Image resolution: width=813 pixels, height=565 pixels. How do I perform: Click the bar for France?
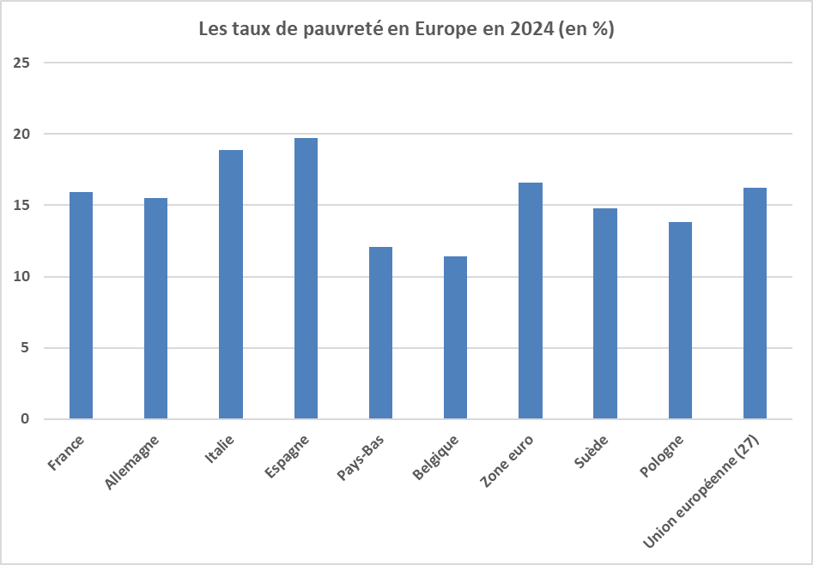(81, 305)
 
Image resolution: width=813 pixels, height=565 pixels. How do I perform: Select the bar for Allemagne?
(155, 309)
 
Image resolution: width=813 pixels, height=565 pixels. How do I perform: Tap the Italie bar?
(231, 285)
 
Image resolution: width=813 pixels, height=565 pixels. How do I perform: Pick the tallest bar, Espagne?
(306, 279)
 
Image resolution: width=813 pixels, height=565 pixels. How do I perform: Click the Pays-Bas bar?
(380, 333)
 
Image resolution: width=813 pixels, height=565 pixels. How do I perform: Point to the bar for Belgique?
(455, 338)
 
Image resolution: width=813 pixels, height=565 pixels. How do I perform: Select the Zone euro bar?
(531, 301)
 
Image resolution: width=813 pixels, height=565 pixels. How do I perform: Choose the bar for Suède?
(605, 314)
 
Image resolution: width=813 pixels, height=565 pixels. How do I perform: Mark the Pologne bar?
(680, 321)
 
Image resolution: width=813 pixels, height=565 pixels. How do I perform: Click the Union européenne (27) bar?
(755, 304)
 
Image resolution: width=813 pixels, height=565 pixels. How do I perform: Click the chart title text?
(406, 28)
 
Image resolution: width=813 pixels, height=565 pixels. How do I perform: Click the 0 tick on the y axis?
(26, 419)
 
